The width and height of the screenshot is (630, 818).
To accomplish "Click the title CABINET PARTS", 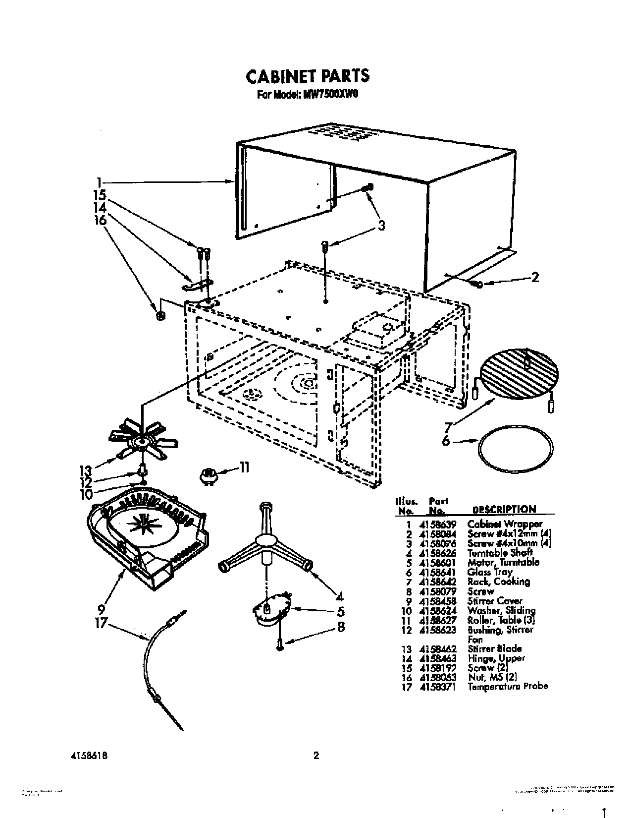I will click(307, 76).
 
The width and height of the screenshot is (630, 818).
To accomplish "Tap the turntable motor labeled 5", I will click(273, 607).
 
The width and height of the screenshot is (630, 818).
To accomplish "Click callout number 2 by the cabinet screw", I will click(534, 278).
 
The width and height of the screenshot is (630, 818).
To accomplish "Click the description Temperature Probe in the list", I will click(507, 687).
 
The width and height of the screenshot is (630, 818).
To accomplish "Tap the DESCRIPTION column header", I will click(504, 509).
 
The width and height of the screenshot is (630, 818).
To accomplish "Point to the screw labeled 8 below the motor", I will click(279, 644).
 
